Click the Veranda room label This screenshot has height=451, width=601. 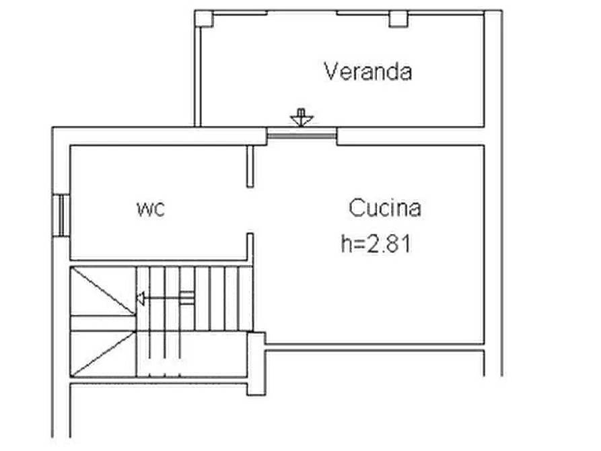(367, 71)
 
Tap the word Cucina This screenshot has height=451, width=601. (385, 208)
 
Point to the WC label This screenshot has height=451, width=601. (151, 209)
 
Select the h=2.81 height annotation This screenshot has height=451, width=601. (376, 244)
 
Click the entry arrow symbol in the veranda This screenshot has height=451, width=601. (302, 117)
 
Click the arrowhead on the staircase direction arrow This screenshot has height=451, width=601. (140, 298)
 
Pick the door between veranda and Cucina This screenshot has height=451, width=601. (302, 135)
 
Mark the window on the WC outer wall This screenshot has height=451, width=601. (61, 215)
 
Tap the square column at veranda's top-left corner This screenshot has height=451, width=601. (204, 19)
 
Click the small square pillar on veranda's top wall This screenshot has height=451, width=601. (398, 19)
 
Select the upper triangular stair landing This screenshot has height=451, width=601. (102, 291)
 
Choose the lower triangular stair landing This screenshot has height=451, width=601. (102, 353)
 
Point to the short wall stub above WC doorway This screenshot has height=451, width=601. (250, 166)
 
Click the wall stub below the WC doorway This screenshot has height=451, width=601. (250, 246)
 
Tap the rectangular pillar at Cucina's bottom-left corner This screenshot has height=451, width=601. (256, 363)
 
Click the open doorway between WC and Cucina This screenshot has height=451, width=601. (250, 210)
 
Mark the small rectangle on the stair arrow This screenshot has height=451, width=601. (187, 298)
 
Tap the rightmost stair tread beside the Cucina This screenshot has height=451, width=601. (246, 298)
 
